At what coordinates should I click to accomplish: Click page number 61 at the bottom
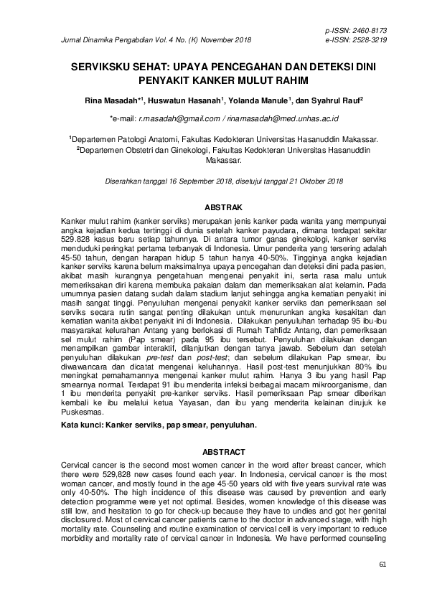coord(383,565)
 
